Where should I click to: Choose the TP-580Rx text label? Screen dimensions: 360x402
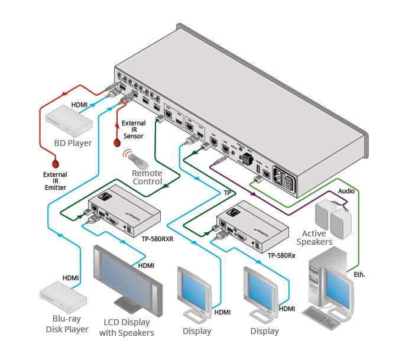tap(282, 255)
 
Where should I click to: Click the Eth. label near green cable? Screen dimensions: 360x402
tap(359, 274)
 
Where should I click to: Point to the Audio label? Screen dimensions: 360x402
tap(346, 192)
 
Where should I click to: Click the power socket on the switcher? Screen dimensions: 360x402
tap(286, 179)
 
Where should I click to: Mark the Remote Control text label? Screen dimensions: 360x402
tap(147, 177)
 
